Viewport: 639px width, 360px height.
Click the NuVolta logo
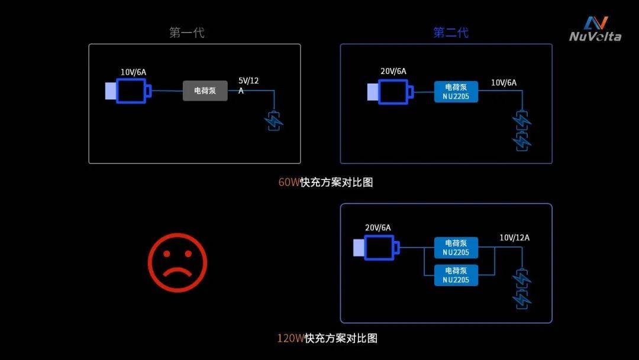[x=595, y=29]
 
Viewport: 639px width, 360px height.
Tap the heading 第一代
[x=186, y=33]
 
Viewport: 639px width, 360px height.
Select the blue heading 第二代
[x=451, y=33]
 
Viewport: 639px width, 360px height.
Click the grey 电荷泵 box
[x=205, y=91]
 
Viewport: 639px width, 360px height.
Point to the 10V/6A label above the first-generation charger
[x=133, y=72]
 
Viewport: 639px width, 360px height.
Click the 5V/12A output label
[x=248, y=86]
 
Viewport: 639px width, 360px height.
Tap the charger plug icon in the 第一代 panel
[x=128, y=91]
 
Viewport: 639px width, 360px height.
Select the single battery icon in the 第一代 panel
[x=273, y=121]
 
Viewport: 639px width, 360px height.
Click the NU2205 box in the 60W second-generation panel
[x=456, y=92]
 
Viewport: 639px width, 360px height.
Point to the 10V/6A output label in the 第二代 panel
[x=504, y=83]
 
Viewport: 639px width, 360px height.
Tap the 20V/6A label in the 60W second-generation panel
[x=393, y=71]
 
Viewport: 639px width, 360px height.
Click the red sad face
[x=177, y=262]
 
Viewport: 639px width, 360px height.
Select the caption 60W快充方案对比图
[x=325, y=182]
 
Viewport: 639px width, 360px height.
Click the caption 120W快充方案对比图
[x=327, y=338]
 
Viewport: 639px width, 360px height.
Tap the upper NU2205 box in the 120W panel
[x=456, y=248]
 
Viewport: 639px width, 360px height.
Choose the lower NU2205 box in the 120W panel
[x=456, y=275]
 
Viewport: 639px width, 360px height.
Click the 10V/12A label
[x=515, y=237]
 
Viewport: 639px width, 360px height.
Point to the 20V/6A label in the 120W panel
[x=377, y=227]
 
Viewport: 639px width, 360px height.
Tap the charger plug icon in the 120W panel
[x=376, y=247]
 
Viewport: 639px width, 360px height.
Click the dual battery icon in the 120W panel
[x=522, y=289]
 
